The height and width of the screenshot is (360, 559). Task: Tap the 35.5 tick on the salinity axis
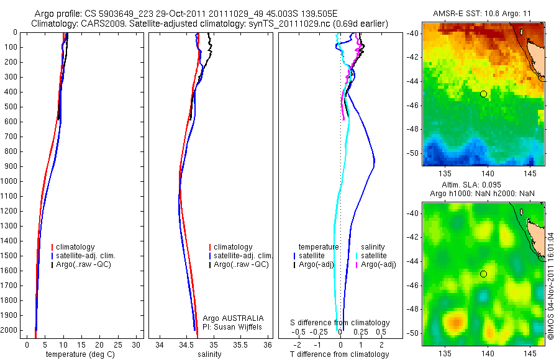pyautogui.click(x=241, y=344)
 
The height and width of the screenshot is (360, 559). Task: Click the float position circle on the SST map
pyautogui.click(x=483, y=94)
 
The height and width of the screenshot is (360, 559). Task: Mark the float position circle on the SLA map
pyautogui.click(x=483, y=274)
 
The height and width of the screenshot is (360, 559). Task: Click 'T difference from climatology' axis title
pyautogui.click(x=339, y=354)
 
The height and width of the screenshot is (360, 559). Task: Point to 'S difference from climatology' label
pyautogui.click(x=340, y=323)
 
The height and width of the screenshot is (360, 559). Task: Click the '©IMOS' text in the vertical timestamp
pyautogui.click(x=550, y=328)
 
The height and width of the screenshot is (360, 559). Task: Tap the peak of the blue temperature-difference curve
pyautogui.click(x=375, y=163)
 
